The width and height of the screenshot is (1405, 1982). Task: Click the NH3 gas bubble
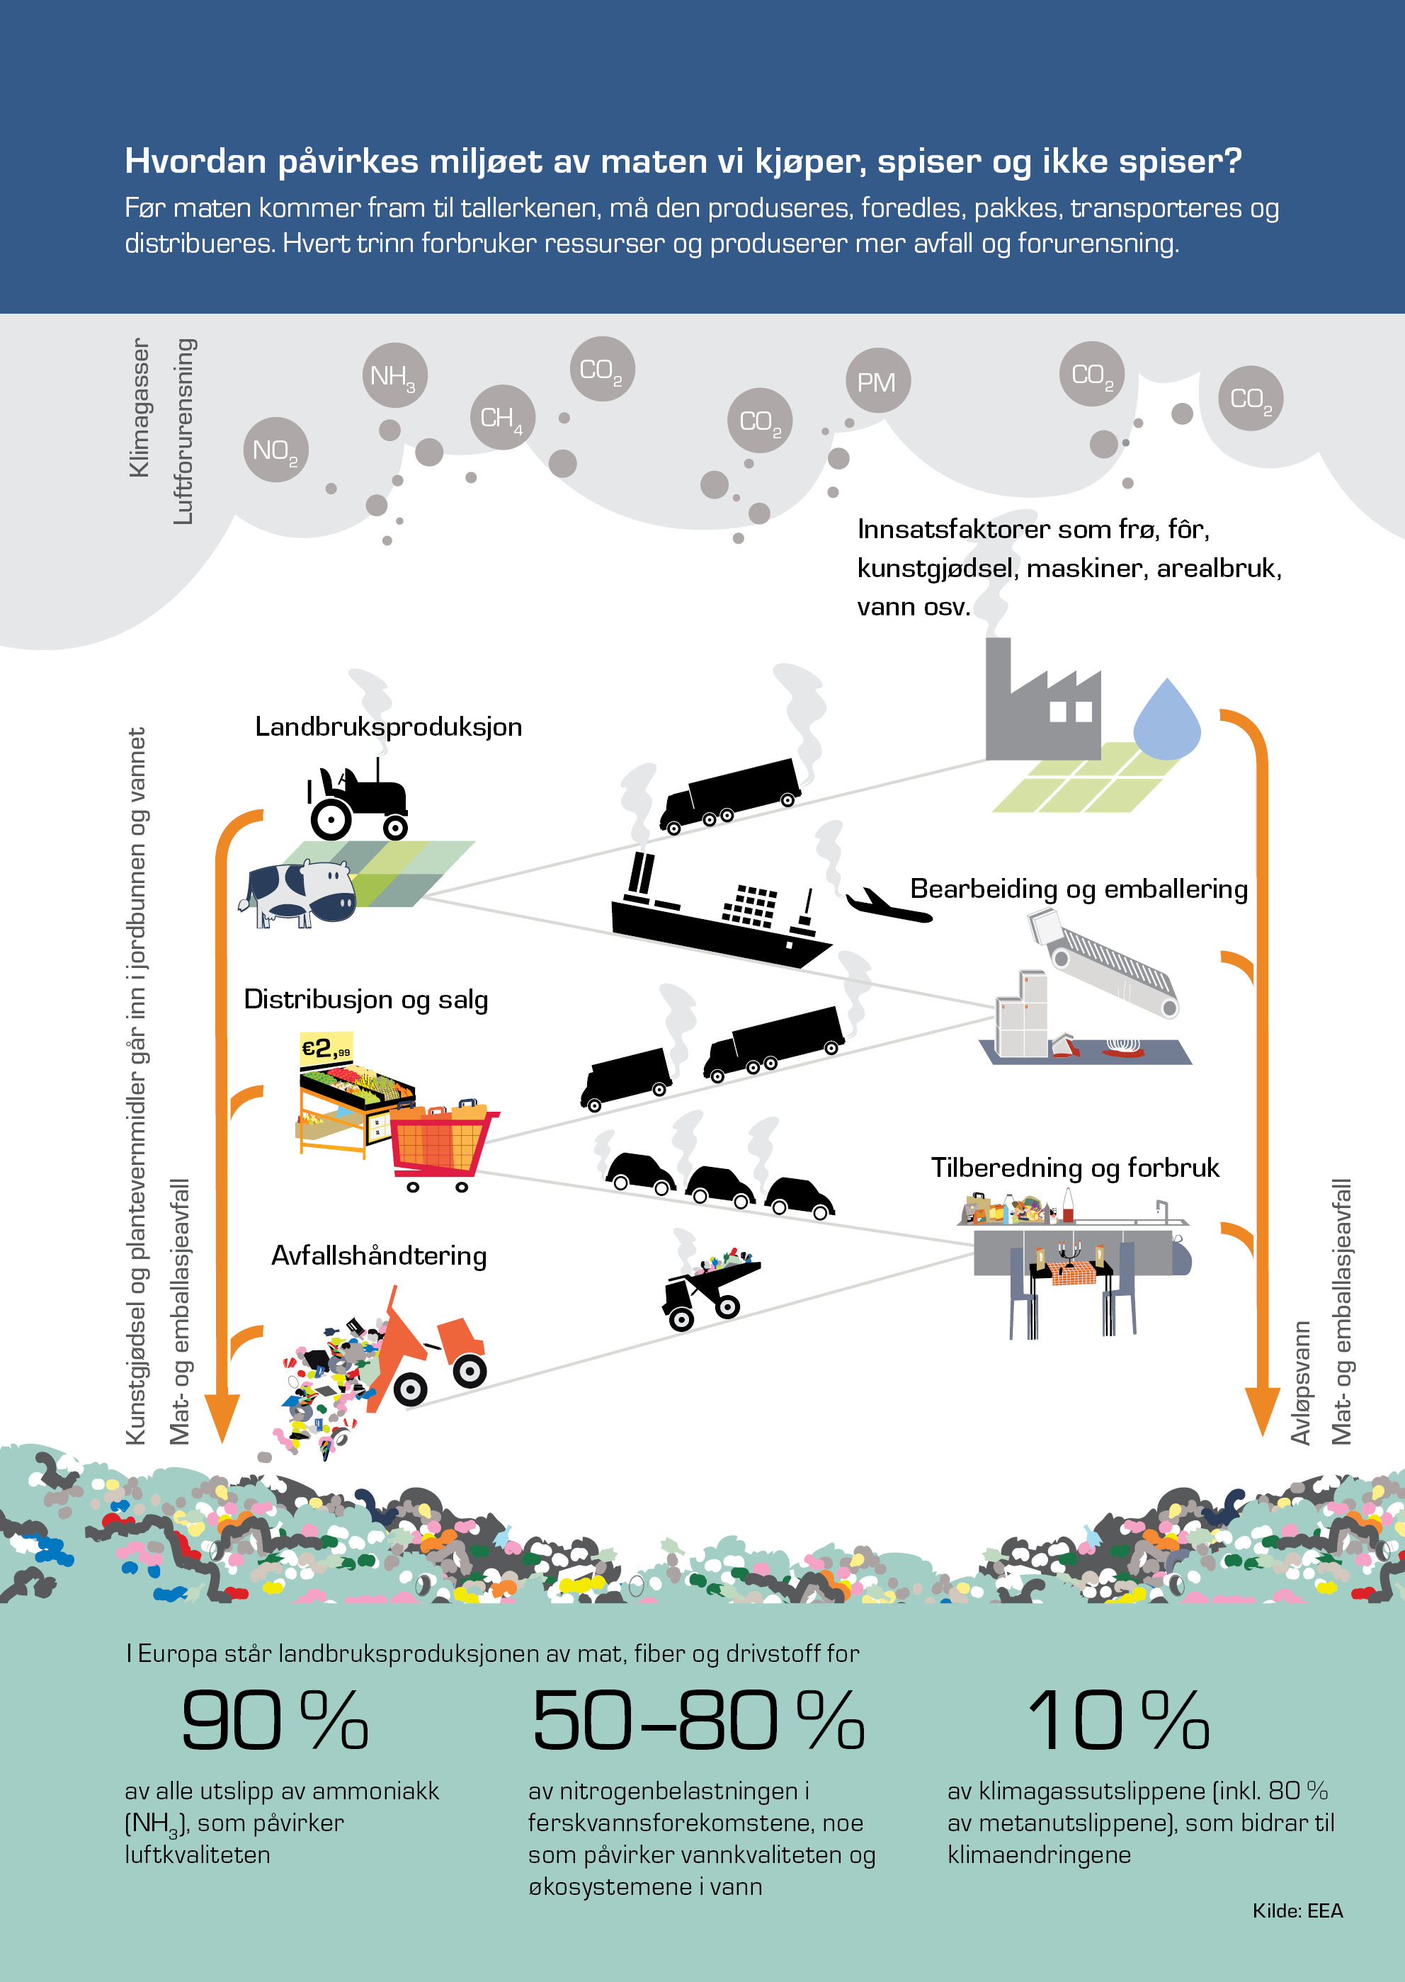(394, 375)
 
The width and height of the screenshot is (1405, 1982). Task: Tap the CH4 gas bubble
(502, 417)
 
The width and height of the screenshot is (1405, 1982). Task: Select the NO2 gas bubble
(276, 450)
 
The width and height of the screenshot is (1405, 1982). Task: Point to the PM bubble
(877, 381)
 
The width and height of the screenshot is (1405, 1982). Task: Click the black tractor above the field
(358, 799)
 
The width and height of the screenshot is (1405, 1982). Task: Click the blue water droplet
(1166, 719)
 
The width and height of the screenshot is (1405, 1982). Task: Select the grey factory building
(1042, 699)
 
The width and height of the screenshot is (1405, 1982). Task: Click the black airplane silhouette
(887, 905)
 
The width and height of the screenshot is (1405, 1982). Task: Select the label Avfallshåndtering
(379, 1255)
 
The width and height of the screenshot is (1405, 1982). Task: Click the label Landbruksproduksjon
(389, 727)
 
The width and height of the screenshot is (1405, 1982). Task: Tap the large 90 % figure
(275, 1721)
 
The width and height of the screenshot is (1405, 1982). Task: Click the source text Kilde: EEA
(1298, 1911)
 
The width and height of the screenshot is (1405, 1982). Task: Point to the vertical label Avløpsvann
(1300, 1382)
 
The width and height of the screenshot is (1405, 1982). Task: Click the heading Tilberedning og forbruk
(1074, 1168)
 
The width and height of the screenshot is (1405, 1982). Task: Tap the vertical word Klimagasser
(138, 407)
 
